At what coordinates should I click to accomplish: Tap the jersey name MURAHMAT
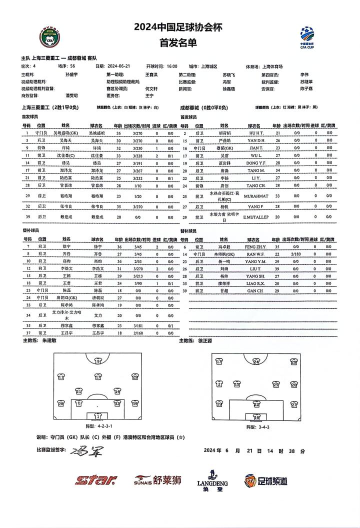pos(256,195)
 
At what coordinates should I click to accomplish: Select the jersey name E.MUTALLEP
pos(256,217)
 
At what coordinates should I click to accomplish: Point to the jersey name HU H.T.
pos(256,133)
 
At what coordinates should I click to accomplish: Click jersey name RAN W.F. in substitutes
pos(256,254)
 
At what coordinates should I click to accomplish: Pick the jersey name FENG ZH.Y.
pos(256,246)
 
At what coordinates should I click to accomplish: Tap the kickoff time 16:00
pos(172,65)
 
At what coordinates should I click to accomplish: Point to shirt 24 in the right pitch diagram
pos(256,361)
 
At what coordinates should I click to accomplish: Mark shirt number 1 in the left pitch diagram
pos(98,415)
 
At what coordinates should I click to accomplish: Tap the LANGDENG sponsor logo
pos(212,480)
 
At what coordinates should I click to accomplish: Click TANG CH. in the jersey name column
pos(256,184)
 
